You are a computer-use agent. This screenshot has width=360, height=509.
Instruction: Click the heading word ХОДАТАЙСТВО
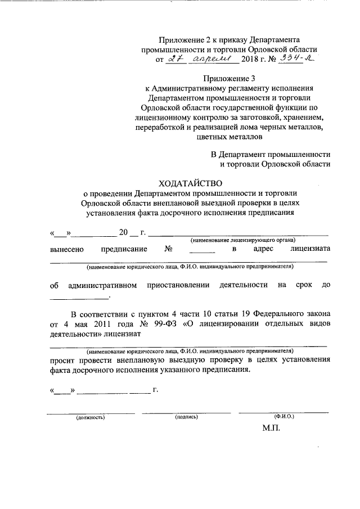click(191, 183)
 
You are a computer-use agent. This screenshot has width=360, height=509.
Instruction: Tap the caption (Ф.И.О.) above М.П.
click(284, 417)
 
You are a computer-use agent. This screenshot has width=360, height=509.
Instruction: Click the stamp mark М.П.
click(271, 429)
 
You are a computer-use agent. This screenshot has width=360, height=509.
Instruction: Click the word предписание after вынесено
click(124, 249)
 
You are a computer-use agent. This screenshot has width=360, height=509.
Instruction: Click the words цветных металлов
click(229, 136)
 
